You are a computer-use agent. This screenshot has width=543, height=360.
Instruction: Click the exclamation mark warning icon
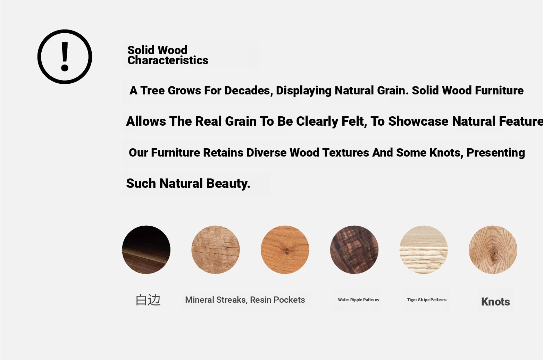click(x=65, y=57)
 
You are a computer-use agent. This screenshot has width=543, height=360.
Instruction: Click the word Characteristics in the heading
click(x=168, y=60)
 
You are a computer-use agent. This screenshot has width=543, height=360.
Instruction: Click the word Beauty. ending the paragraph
click(x=228, y=183)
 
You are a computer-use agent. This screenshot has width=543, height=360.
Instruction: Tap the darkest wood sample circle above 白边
click(x=146, y=250)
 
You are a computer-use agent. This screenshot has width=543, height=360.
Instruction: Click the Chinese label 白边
click(x=148, y=300)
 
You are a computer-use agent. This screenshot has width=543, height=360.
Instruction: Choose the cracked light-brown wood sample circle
click(x=216, y=250)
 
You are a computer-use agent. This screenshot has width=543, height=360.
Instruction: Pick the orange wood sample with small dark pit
click(x=285, y=250)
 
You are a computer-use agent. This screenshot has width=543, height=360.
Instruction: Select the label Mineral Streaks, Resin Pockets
click(x=245, y=300)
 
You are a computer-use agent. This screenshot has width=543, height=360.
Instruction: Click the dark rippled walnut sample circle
click(x=354, y=250)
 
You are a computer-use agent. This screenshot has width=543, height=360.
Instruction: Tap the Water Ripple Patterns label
click(x=359, y=300)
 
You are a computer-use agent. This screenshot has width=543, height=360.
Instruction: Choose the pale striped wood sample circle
click(x=424, y=250)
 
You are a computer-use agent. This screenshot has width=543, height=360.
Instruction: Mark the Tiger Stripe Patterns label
click(x=427, y=300)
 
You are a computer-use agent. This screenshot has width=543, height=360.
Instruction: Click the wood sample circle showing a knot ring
click(x=493, y=250)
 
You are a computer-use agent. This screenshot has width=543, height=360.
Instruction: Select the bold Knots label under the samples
click(x=495, y=302)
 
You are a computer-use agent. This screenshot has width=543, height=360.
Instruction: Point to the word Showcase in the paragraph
click(x=418, y=121)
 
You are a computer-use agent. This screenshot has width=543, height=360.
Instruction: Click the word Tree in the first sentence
click(x=152, y=91)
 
